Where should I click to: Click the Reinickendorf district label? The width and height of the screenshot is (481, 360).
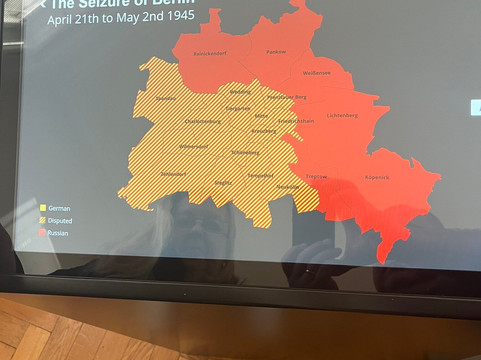(x=211, y=52)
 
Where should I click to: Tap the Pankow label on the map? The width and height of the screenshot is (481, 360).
(x=277, y=51)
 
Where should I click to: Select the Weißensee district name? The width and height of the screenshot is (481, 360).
(x=317, y=73)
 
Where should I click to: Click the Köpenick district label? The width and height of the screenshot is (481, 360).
(x=377, y=178)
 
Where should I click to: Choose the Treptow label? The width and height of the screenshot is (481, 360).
(x=316, y=176)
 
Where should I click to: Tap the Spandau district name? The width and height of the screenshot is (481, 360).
(x=165, y=98)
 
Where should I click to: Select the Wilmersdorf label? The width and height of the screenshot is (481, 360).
(x=193, y=146)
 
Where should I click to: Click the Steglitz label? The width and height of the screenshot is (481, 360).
(x=222, y=183)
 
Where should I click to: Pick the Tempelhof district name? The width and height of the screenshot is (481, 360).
(x=261, y=175)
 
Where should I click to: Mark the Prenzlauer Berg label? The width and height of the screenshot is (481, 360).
(x=288, y=97)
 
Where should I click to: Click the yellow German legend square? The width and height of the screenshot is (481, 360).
(x=43, y=208)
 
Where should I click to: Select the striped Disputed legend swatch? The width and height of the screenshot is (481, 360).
(x=43, y=220)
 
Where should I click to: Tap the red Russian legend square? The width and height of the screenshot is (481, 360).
(x=43, y=232)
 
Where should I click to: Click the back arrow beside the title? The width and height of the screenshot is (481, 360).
(x=42, y=3)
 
